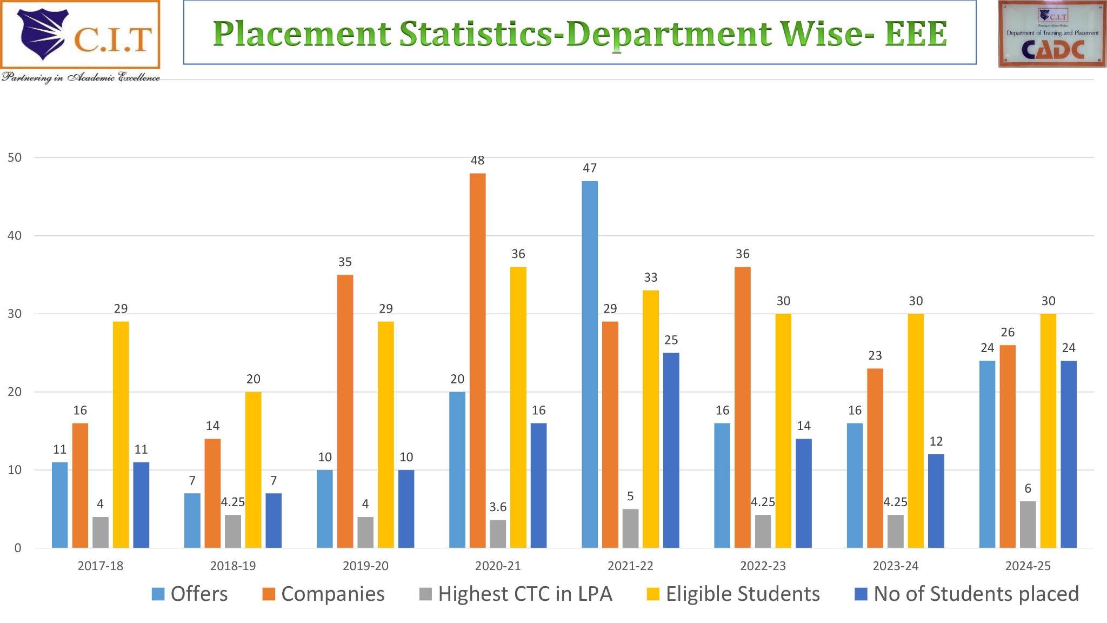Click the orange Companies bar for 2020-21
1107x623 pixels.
click(477, 360)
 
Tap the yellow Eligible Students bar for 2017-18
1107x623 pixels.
click(121, 434)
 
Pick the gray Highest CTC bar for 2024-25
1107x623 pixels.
click(1028, 524)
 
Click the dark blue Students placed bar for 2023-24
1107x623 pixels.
click(936, 501)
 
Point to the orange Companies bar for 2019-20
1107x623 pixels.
click(345, 411)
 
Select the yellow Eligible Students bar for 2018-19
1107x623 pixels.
click(253, 469)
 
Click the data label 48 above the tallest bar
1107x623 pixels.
click(477, 160)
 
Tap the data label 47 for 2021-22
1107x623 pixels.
click(590, 168)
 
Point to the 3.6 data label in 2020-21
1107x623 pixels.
click(498, 507)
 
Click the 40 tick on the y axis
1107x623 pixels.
click(15, 236)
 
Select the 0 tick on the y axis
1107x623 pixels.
click(18, 548)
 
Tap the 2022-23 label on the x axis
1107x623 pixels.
click(763, 566)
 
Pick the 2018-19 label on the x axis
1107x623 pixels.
click(233, 566)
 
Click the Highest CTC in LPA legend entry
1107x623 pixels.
click(516, 594)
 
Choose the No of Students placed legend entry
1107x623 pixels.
click(967, 594)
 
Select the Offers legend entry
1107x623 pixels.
click(190, 594)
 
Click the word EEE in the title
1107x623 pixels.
click(916, 34)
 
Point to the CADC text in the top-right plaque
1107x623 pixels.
click(1052, 50)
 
